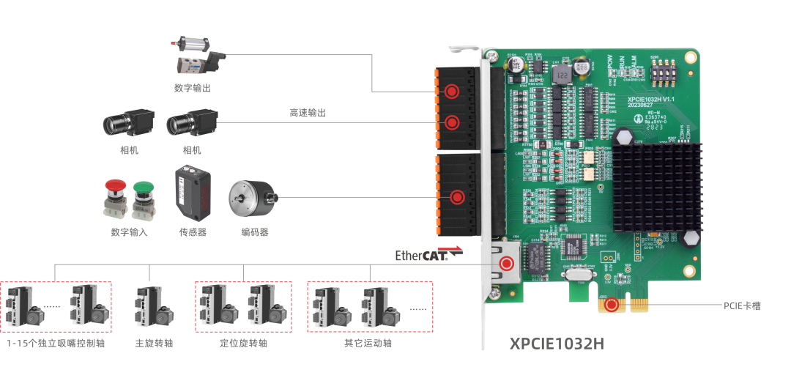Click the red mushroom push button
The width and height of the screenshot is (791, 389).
(115, 199)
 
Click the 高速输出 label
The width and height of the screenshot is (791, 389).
(307, 113)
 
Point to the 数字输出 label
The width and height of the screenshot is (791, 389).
(192, 88)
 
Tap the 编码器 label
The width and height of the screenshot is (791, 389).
(255, 232)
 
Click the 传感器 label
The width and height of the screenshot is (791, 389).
(193, 232)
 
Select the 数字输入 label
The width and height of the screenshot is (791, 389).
(129, 232)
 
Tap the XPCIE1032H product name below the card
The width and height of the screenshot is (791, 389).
(557, 344)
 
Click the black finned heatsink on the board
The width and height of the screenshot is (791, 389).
(656, 183)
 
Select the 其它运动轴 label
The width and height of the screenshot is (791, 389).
(368, 343)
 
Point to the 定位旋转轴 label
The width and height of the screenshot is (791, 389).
(243, 343)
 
